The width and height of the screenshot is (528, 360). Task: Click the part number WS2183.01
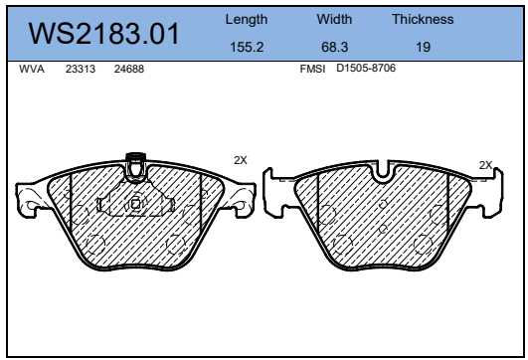[103, 34]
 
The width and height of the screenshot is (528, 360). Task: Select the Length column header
[247, 20]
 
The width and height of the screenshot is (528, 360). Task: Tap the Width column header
[334, 19]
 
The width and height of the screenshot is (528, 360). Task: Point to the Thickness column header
[423, 19]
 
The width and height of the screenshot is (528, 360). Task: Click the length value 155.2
[247, 47]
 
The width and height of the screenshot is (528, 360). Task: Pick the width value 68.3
[334, 47]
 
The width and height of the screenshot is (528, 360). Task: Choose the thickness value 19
[423, 47]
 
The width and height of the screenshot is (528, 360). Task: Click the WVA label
[32, 69]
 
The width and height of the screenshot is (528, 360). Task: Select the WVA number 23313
[81, 69]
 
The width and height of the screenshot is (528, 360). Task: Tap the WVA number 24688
[129, 69]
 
